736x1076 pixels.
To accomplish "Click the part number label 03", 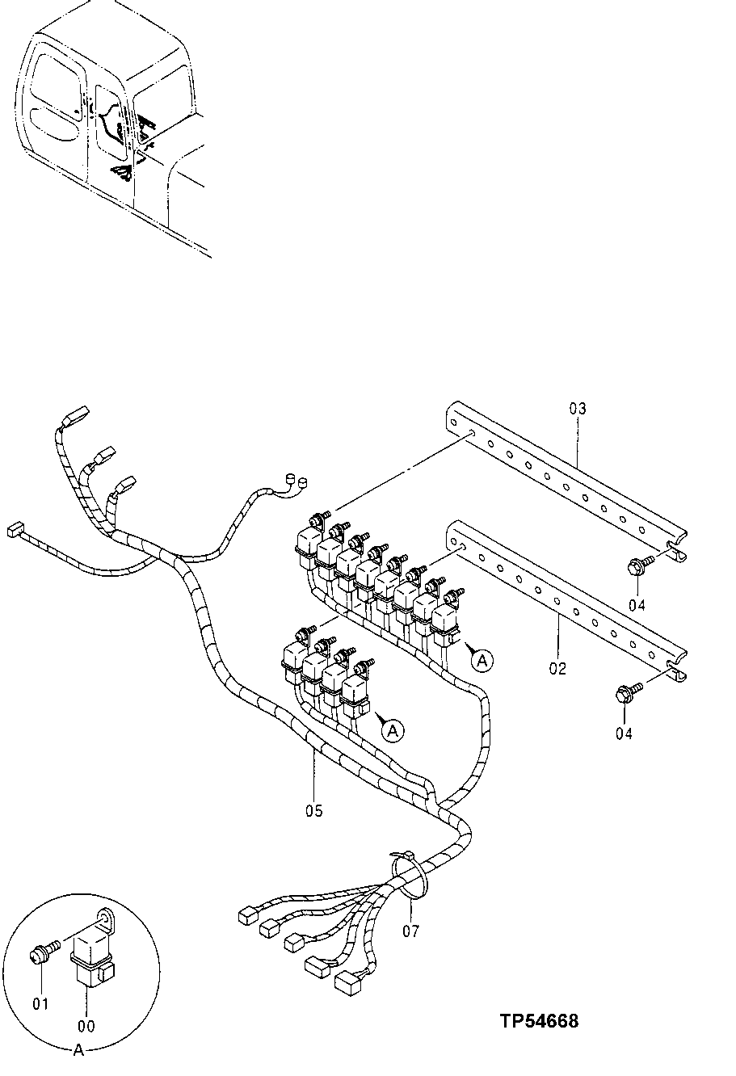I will [577, 409].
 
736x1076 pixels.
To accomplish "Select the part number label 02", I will [557, 668].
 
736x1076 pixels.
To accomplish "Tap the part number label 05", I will [313, 810].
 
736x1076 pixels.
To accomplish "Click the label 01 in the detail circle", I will [40, 1003].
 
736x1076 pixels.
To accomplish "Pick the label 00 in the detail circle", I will [86, 1026].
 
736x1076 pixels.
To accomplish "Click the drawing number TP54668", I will [539, 1021].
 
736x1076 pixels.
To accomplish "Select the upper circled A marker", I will [482, 661].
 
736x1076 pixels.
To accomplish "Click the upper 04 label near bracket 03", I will [638, 603].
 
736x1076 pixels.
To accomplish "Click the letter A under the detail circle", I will [78, 1050].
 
